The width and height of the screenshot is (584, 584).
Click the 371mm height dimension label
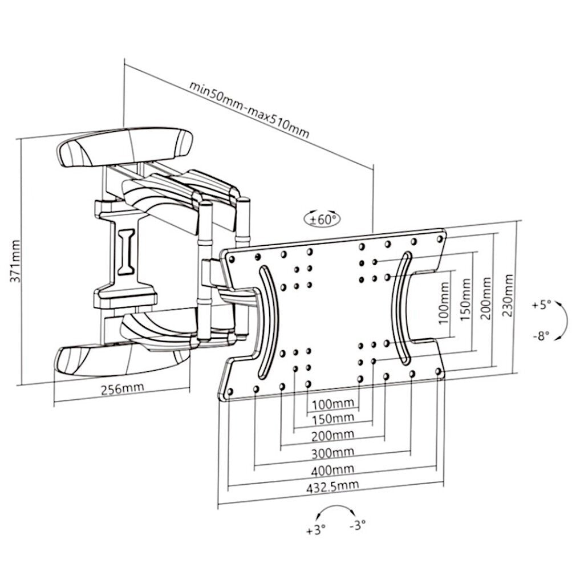(15, 261)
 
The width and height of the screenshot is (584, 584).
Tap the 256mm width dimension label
(122, 388)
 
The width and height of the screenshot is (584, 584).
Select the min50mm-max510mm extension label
(249, 109)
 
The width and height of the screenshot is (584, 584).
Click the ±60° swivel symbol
(323, 219)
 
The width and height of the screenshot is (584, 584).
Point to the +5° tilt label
(541, 305)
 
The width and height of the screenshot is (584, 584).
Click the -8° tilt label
(541, 336)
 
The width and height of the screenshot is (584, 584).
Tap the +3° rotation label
(316, 530)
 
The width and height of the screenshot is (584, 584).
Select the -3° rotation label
(358, 525)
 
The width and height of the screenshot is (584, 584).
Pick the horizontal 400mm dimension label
(332, 470)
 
